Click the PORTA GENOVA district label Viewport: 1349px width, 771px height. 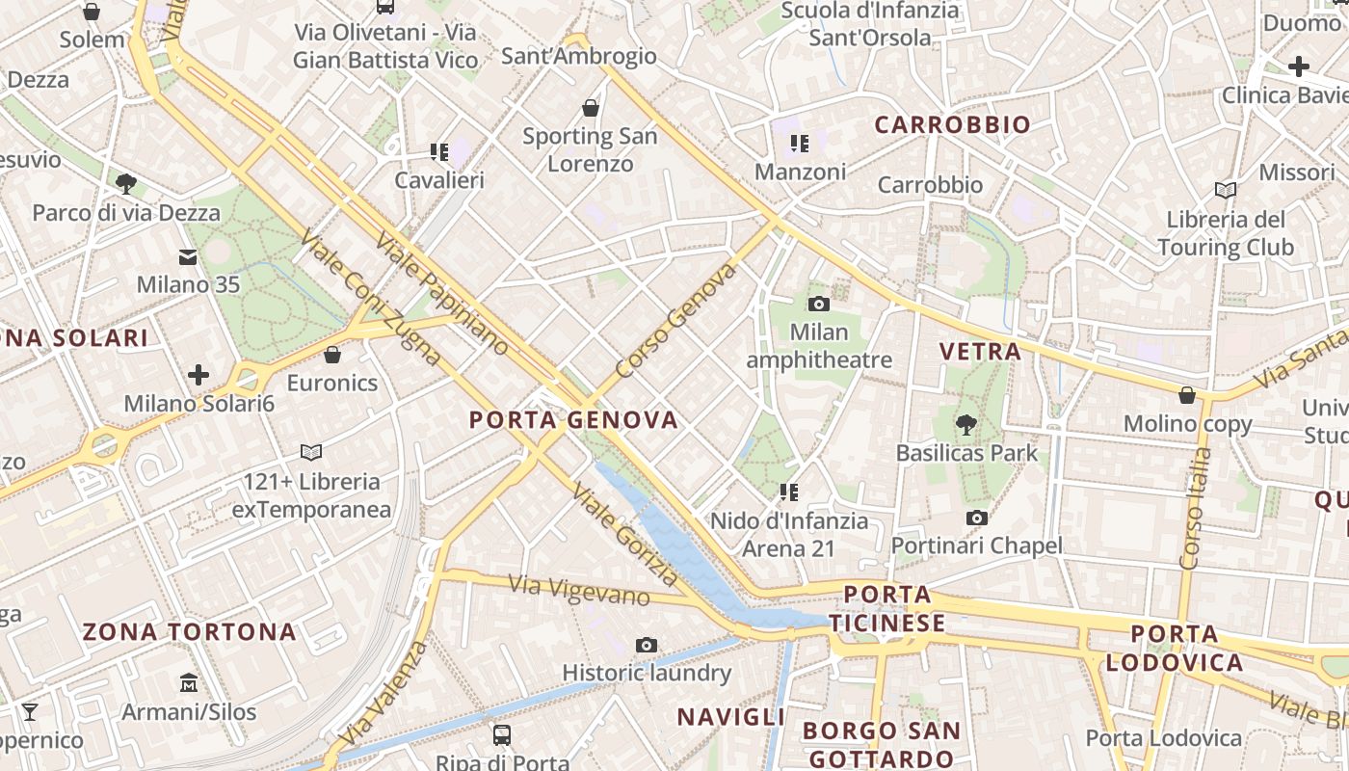(573, 420)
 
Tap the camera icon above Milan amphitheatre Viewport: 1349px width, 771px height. (819, 305)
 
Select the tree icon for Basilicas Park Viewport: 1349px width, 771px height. (965, 424)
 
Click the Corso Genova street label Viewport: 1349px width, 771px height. (674, 320)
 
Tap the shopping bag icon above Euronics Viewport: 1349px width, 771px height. (332, 355)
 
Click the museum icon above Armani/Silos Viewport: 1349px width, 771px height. (189, 683)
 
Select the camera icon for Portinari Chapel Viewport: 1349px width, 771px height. (977, 518)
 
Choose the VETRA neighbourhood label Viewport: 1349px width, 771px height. (980, 351)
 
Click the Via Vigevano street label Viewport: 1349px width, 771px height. (578, 590)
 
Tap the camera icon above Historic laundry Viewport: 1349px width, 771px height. (647, 645)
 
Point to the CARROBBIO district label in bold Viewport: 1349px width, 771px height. (952, 124)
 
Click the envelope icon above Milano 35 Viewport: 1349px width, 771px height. (188, 257)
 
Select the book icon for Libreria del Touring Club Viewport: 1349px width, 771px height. (1226, 191)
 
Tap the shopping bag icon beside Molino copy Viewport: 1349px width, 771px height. (1187, 395)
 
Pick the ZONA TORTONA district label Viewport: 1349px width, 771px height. (189, 632)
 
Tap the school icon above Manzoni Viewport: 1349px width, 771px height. (799, 145)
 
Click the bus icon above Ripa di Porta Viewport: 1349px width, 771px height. (502, 735)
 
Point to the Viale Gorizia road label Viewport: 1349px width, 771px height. (624, 534)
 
